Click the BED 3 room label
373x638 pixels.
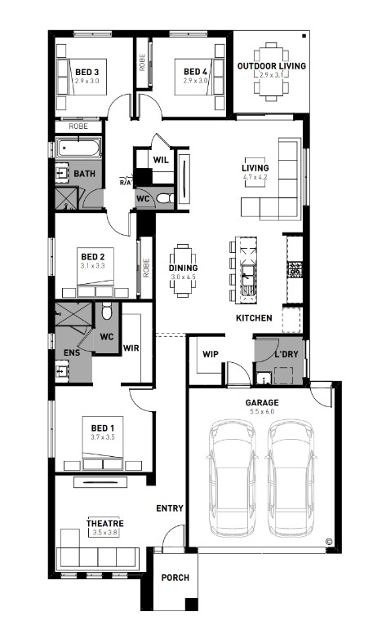[x=87, y=73]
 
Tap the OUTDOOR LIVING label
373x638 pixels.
[x=272, y=66]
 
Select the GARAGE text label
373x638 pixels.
[x=262, y=402]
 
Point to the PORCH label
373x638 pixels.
[x=175, y=578]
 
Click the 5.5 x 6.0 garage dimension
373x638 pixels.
[x=262, y=411]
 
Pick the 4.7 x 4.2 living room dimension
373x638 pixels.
[x=255, y=177]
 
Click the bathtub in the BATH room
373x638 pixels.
[x=78, y=148]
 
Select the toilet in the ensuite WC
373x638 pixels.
[x=107, y=312]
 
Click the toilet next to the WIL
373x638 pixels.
[x=165, y=198]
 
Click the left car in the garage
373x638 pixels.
[x=232, y=478]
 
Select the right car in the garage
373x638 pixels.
[x=291, y=478]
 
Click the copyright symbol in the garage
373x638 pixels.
[x=329, y=542]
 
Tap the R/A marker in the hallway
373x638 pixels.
[x=126, y=182]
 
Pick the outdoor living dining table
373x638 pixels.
[x=271, y=72]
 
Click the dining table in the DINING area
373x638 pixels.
[x=184, y=269]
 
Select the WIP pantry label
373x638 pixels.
[x=211, y=354]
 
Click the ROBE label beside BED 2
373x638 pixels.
[x=146, y=268]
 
